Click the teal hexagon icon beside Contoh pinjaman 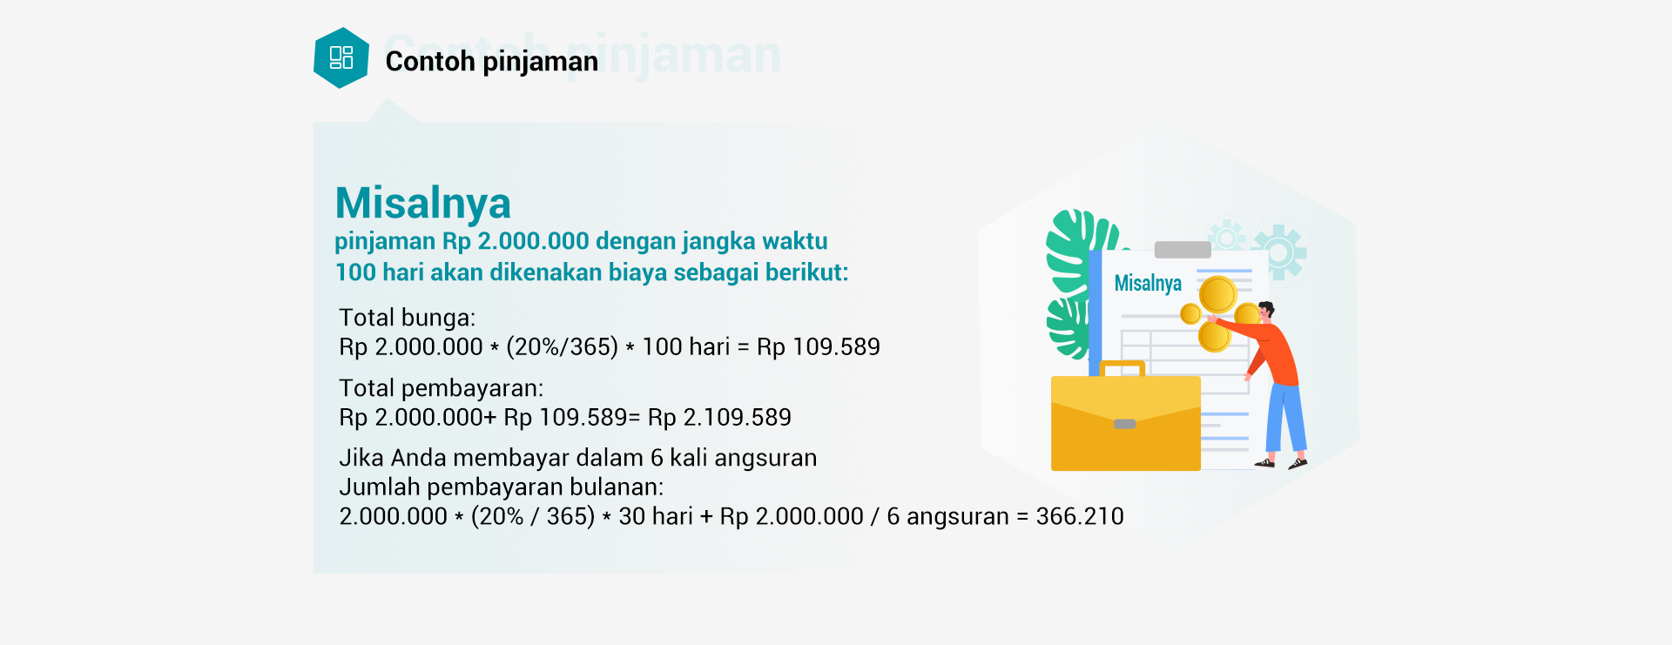[x=341, y=58]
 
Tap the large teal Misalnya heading [x=423, y=204]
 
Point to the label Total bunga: [x=408, y=318]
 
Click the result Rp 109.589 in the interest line [x=819, y=347]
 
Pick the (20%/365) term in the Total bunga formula [x=562, y=347]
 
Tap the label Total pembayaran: [x=442, y=388]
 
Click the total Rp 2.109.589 [x=719, y=418]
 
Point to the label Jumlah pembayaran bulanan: [x=502, y=487]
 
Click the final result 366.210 [x=1080, y=517]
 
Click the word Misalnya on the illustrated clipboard [x=1148, y=283]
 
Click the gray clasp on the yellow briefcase [x=1125, y=424]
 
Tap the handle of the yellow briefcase [x=1123, y=368]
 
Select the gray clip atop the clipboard [x=1183, y=250]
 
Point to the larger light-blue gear [x=1279, y=252]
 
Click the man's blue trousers [x=1285, y=418]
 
